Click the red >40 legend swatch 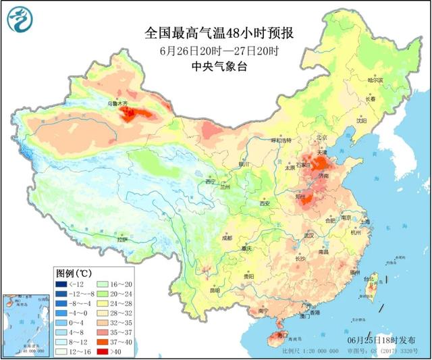tap(105, 351)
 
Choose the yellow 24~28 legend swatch tap(105, 304)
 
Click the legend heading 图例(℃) tap(74, 273)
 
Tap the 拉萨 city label tap(122, 239)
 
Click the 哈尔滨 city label tap(375, 80)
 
